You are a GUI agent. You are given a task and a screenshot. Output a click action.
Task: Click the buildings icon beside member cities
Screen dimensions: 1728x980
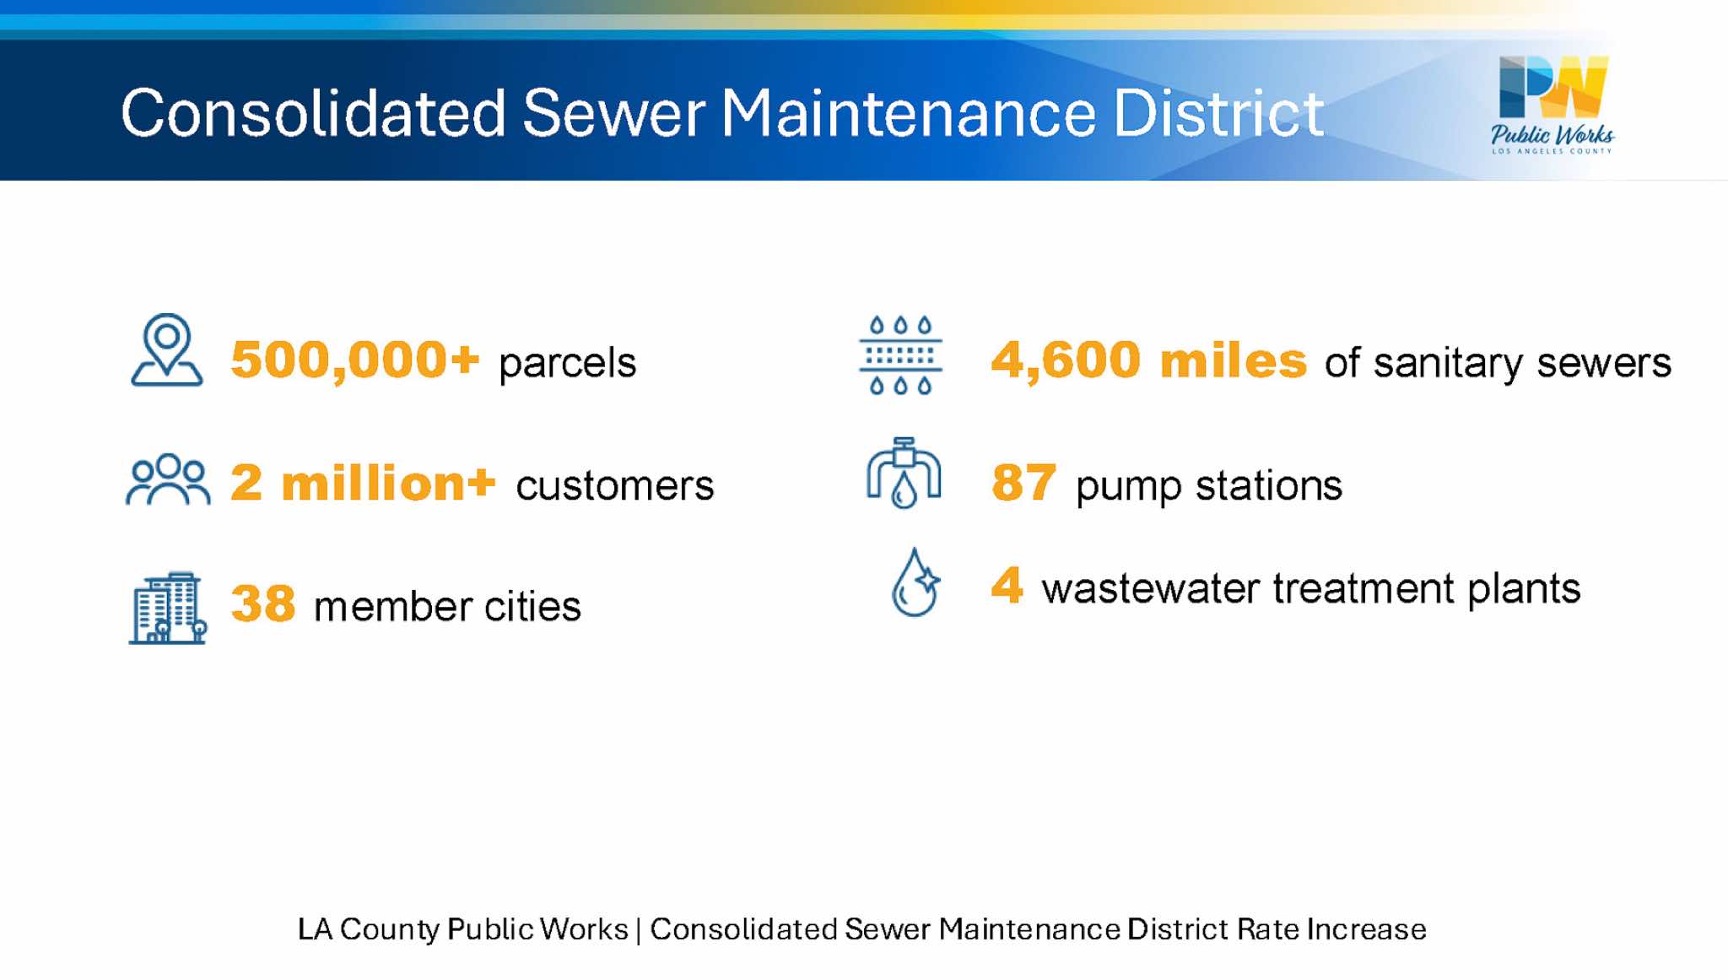(x=168, y=608)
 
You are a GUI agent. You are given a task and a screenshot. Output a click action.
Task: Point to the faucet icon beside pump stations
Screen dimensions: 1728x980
(x=904, y=473)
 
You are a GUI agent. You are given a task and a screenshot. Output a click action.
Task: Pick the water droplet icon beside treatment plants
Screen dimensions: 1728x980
(x=915, y=582)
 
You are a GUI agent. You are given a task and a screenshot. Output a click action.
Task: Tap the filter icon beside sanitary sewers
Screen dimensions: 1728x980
(x=900, y=355)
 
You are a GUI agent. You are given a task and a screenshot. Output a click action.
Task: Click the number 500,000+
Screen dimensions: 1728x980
(x=355, y=360)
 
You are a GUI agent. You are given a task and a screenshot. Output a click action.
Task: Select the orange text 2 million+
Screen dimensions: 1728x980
(x=363, y=483)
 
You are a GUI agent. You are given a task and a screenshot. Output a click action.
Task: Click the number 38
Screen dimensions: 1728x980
(x=263, y=604)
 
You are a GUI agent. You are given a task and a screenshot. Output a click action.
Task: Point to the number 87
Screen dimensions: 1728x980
(x=1023, y=483)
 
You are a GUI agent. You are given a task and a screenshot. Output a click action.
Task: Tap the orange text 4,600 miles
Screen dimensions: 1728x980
(x=1149, y=360)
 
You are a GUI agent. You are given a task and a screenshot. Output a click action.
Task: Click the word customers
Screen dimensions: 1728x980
(x=615, y=485)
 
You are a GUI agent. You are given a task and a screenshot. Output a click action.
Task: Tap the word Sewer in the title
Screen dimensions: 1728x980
(x=613, y=113)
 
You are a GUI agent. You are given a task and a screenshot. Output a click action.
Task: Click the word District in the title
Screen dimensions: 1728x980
(x=1218, y=113)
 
